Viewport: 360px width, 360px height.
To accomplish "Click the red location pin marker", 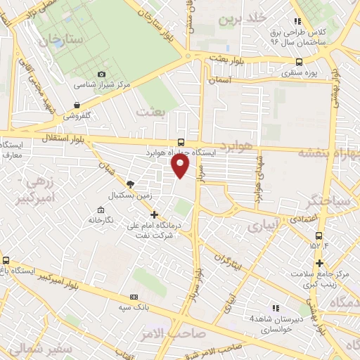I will pyautogui.click(x=181, y=165).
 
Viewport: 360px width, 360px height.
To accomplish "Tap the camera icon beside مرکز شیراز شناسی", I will pyautogui.click(x=102, y=74).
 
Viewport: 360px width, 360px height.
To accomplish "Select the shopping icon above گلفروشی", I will pyautogui.click(x=75, y=105).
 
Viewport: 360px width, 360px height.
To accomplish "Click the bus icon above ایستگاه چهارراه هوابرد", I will pyautogui.click(x=181, y=141).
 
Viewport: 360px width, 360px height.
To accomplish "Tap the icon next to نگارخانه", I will pyautogui.click(x=101, y=210).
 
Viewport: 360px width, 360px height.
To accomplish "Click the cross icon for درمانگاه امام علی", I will pyautogui.click(x=155, y=214).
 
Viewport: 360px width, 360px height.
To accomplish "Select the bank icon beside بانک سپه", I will pyautogui.click(x=134, y=297).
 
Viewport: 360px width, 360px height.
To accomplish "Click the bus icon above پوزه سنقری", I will pyautogui.click(x=300, y=62).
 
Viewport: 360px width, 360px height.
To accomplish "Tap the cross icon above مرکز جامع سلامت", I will pyautogui.click(x=319, y=262).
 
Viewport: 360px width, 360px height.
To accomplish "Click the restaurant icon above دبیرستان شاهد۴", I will pyautogui.click(x=275, y=308).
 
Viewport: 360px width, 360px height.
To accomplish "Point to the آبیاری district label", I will pyautogui.click(x=264, y=225).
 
